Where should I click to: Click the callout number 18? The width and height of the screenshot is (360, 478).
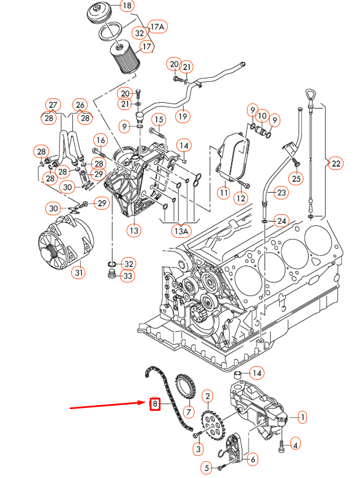coord(127,6)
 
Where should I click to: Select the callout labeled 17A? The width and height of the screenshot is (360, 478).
coord(157,27)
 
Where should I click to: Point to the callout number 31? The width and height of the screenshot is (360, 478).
coord(79,273)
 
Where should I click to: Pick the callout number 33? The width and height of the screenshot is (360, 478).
coord(128,276)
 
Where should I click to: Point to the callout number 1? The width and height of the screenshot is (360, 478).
coord(302,418)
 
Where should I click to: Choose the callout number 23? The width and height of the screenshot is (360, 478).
coord(281,193)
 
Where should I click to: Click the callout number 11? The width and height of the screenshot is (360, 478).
coord(224,193)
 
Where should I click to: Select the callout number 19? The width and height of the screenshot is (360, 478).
coord(182,116)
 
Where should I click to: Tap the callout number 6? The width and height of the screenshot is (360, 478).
coord(252,459)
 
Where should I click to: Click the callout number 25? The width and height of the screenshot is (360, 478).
coord(297,179)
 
